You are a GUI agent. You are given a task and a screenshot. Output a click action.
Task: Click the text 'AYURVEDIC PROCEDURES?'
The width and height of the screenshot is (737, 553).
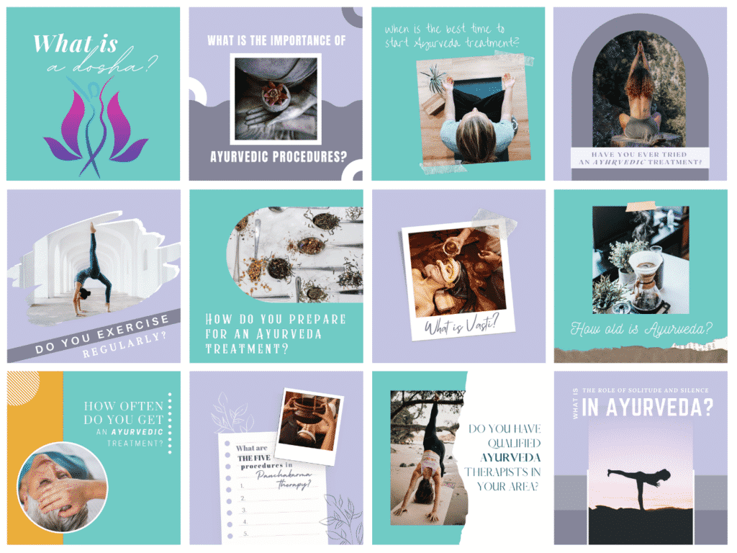click(276, 156)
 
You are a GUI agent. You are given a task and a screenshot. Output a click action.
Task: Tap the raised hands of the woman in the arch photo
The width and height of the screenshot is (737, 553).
click(640, 50)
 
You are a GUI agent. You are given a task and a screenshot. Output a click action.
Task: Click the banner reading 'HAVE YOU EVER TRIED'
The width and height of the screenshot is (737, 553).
click(640, 154)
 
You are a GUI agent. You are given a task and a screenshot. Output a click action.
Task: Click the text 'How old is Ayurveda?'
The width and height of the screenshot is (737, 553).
click(642, 330)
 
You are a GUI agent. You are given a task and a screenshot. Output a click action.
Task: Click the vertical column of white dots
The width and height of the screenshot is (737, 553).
click(170, 423)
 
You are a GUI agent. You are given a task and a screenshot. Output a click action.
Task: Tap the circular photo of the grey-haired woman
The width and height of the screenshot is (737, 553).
click(62, 486)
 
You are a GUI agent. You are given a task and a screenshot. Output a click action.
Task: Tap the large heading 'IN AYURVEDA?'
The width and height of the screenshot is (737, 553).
click(647, 408)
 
